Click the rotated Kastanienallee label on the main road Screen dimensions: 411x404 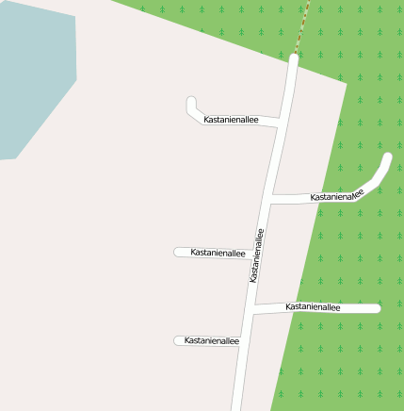coord(255,255)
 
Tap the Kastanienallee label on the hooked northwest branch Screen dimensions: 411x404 coord(231,121)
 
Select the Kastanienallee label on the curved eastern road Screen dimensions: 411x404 coord(337,197)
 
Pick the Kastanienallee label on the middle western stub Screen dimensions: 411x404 coord(218,253)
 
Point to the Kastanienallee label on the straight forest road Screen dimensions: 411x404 coord(312,307)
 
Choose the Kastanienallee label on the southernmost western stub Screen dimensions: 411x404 coord(212,340)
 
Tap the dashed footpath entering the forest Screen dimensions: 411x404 coord(302,28)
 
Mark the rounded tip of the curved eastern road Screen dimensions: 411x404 coord(386,158)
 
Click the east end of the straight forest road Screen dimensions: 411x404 coord(376,308)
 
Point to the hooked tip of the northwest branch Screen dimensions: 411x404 coord(192,102)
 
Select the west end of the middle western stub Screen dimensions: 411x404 coord(178,252)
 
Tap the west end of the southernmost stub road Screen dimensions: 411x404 coord(178,340)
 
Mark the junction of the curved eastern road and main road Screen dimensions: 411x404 coord(270,199)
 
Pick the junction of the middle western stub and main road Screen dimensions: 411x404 coord(261,253)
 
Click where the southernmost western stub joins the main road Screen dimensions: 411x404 coord(243,341)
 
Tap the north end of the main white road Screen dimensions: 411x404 coord(293,59)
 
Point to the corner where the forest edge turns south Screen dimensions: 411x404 coord(347,84)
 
